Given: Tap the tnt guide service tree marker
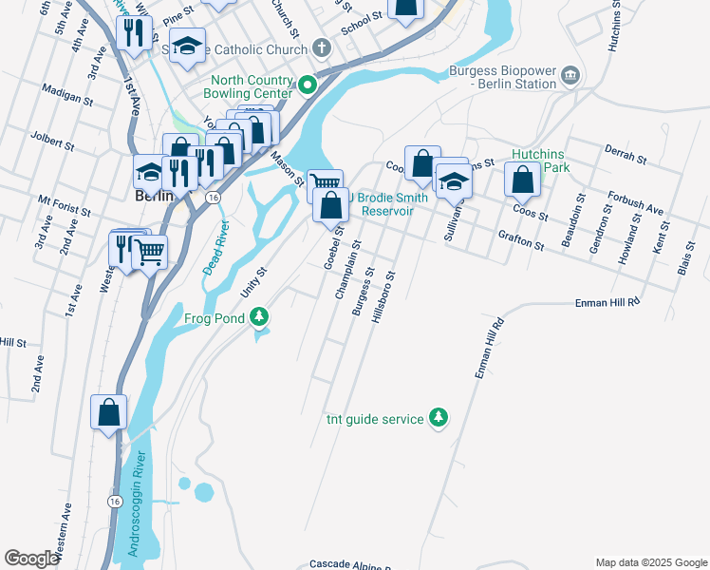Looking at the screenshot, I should point(438,417).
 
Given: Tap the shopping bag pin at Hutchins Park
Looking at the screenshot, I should point(522,178).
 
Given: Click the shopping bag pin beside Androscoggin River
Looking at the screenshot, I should point(109,411).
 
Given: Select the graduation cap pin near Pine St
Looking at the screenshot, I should point(188,45).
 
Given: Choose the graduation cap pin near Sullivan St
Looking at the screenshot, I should point(454,180).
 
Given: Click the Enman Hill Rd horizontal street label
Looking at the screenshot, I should point(608,301).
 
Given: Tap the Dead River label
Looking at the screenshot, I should point(215,248).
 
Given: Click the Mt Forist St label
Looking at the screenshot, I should point(64,204).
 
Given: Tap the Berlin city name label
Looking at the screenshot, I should point(151,196).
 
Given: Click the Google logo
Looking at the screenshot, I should point(31,559).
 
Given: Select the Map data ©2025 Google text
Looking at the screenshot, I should point(650,562).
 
